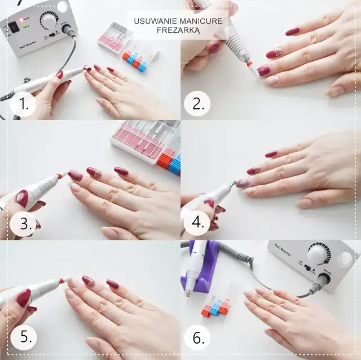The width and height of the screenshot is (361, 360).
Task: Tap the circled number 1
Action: pos(22,104)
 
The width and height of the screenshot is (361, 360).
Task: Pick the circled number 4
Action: pos(197,222)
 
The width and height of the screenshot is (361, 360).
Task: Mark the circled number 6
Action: pos(197,338)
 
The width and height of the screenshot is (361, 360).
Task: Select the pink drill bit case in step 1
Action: pos(115,37)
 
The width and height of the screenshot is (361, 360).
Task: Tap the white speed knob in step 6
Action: pos(319,253)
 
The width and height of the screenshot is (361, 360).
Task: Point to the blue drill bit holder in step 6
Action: pos(215,309)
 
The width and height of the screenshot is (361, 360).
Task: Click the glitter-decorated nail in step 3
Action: pos(94,173)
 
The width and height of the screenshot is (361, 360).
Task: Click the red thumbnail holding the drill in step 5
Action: pos(23,297)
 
